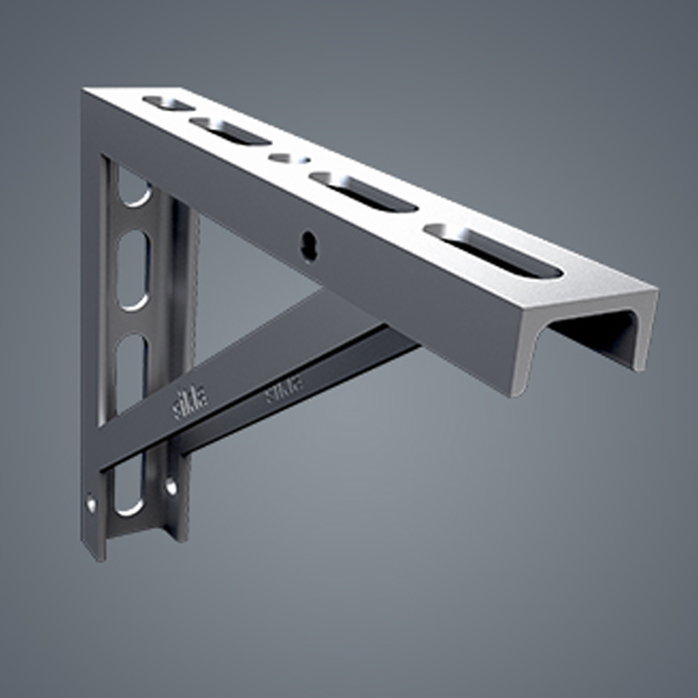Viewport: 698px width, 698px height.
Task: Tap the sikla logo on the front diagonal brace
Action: pos(189,405)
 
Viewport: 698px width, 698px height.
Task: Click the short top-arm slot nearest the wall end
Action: pos(168,103)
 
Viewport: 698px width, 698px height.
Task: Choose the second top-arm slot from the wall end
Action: pos(230,131)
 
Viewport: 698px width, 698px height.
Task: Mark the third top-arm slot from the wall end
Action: pos(364,191)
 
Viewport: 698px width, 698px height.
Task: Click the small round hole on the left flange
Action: pos(91,502)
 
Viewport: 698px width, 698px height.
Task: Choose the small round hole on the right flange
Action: pos(171,486)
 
